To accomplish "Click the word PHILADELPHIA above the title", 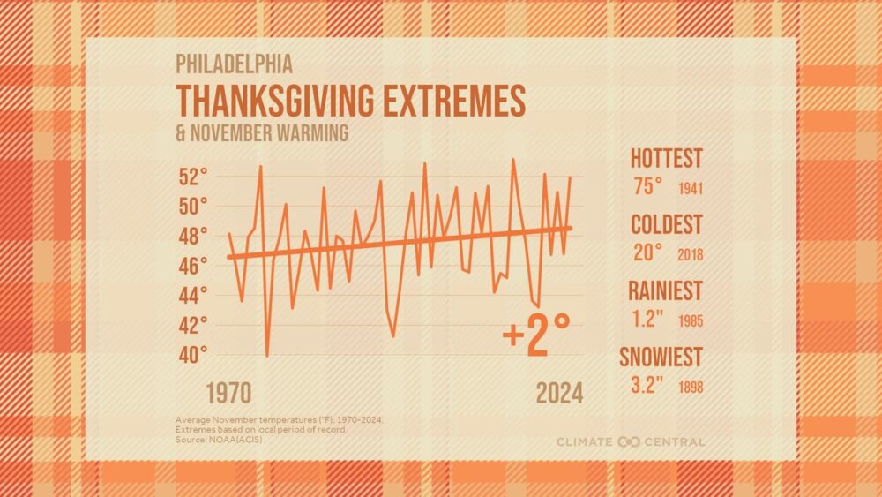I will [235, 64].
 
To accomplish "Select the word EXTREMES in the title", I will [459, 102].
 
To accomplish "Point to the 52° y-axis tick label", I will [191, 177].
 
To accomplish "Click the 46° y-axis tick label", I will [191, 265].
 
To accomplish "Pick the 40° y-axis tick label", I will [191, 355].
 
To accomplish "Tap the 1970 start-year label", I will [229, 393].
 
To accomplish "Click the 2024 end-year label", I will [559, 393].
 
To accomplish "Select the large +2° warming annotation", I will [535, 337].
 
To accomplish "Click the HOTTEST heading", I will [666, 159].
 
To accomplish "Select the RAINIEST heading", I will [666, 290].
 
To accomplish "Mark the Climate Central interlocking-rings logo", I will [630, 441].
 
